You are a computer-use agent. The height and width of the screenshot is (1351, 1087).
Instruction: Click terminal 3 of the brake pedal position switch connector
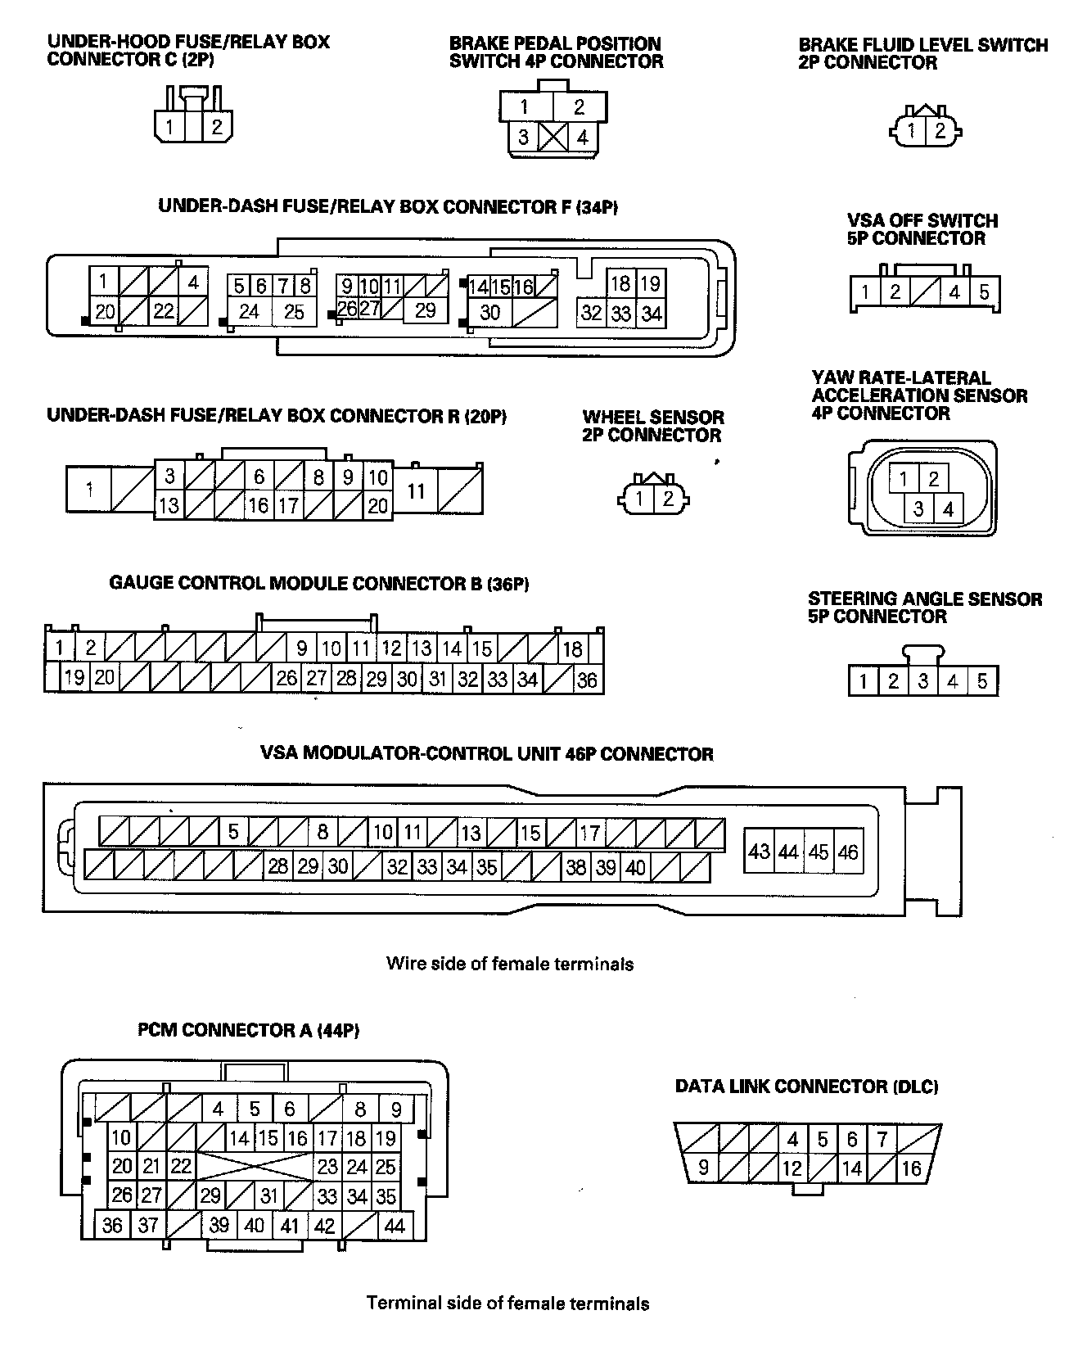pyautogui.click(x=524, y=137)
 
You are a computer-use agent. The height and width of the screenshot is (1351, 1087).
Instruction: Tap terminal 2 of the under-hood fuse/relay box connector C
pyautogui.click(x=217, y=127)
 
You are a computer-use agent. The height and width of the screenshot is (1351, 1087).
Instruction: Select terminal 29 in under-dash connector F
pyautogui.click(x=425, y=310)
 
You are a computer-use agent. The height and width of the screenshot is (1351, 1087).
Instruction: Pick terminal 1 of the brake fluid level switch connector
pyautogui.click(x=911, y=130)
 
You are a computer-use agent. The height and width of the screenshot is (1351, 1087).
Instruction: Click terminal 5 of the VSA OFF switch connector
pyautogui.click(x=985, y=291)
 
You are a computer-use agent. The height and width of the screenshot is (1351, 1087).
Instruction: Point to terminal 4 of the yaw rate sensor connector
pyautogui.click(x=948, y=509)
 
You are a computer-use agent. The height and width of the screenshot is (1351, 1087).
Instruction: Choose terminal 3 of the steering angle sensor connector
pyautogui.click(x=923, y=681)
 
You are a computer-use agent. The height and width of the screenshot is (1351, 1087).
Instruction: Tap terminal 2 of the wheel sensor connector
pyautogui.click(x=668, y=498)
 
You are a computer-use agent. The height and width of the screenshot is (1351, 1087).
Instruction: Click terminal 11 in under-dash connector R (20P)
pyautogui.click(x=417, y=491)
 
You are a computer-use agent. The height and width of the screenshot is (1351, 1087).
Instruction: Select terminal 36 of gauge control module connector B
pyautogui.click(x=587, y=680)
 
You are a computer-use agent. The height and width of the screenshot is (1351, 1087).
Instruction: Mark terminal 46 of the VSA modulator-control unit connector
pyautogui.click(x=848, y=852)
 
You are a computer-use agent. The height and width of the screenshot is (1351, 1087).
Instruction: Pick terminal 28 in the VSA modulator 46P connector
pyautogui.click(x=278, y=866)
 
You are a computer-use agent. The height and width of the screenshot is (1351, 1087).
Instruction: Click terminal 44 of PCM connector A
pyautogui.click(x=395, y=1226)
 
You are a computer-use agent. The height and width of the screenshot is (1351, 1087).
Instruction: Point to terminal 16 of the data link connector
pyautogui.click(x=912, y=1168)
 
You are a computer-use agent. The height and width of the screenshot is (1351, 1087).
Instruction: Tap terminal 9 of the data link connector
pyautogui.click(x=703, y=1167)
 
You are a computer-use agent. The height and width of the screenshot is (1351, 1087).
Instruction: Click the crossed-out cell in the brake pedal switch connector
pyautogui.click(x=553, y=137)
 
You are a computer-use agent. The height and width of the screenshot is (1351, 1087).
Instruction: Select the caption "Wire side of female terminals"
pyautogui.click(x=509, y=964)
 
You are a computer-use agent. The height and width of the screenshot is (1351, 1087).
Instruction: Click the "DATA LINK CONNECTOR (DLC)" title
pyautogui.click(x=806, y=1087)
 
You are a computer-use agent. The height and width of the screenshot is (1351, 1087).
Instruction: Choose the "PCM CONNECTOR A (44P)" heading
pyautogui.click(x=249, y=1030)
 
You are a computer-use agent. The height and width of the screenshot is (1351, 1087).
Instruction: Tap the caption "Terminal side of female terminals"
pyautogui.click(x=507, y=1303)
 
